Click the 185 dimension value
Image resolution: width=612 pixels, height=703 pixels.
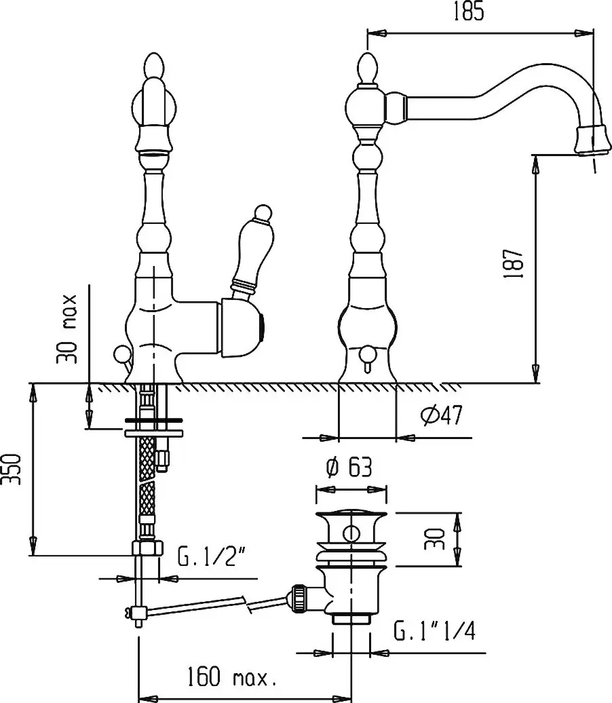click(469, 12)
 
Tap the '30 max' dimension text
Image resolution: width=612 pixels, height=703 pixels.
click(67, 328)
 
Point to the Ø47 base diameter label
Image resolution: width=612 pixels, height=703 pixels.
click(442, 415)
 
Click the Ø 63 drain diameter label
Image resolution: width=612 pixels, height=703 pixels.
click(349, 468)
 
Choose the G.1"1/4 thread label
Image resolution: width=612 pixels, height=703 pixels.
click(434, 630)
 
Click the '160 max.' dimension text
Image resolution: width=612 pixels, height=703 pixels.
click(231, 677)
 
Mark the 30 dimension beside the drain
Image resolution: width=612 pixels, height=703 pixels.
click(434, 539)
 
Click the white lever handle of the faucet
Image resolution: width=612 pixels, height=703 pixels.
click(250, 250)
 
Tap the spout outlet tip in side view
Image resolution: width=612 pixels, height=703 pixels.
click(592, 140)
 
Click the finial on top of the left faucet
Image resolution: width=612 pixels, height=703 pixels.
click(153, 66)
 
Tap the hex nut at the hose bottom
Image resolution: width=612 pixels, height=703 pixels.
click(147, 548)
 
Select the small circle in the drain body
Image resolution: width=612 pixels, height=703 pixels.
click(351, 533)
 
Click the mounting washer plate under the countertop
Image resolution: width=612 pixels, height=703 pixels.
click(154, 433)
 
